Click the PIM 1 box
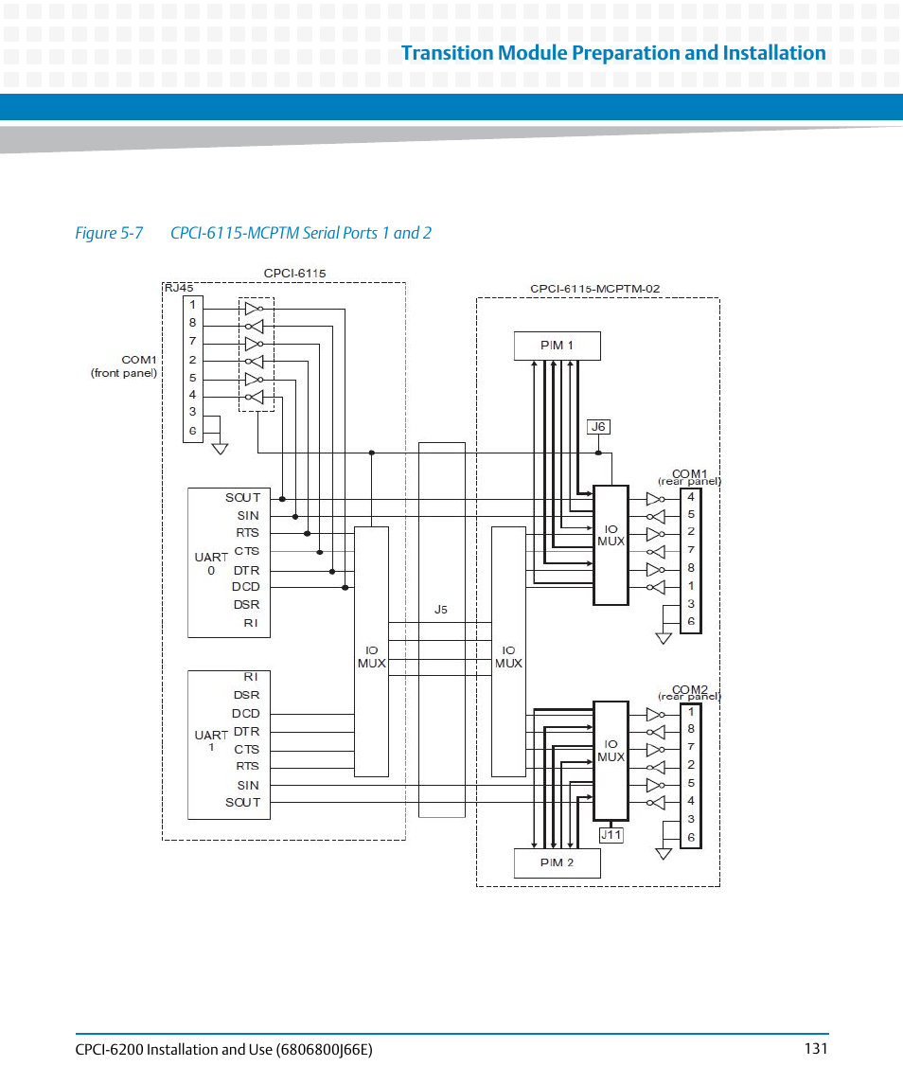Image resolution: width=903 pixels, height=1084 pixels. [x=557, y=346]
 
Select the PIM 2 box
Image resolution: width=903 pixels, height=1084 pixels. [x=557, y=862]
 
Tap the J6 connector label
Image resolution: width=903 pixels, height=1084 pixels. [x=598, y=427]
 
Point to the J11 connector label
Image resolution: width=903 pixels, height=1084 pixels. [x=611, y=834]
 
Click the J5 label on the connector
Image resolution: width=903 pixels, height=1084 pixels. [x=441, y=610]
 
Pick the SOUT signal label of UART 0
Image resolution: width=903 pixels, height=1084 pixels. [x=242, y=498]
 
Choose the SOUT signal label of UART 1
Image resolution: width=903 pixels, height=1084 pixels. [x=242, y=802]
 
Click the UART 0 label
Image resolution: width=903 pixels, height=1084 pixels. [x=211, y=563]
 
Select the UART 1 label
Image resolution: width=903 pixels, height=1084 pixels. [x=211, y=740]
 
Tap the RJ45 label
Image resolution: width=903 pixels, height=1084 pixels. [x=179, y=288]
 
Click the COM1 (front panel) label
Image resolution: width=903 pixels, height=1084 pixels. [x=125, y=366]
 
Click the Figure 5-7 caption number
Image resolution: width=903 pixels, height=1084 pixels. [x=109, y=233]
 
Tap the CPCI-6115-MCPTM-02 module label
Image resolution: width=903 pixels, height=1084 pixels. [x=594, y=289]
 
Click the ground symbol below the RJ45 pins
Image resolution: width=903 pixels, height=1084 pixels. [x=220, y=448]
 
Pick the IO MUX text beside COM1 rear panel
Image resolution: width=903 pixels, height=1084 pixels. [x=611, y=536]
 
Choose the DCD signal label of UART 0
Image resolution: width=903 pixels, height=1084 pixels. [x=246, y=587]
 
